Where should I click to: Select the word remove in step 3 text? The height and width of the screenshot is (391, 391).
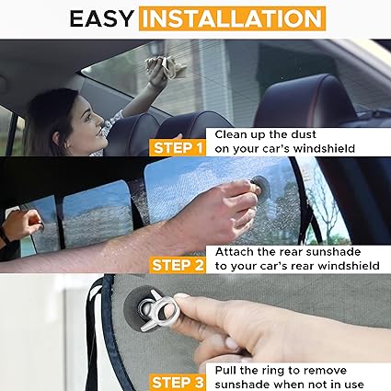pos(345,369)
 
